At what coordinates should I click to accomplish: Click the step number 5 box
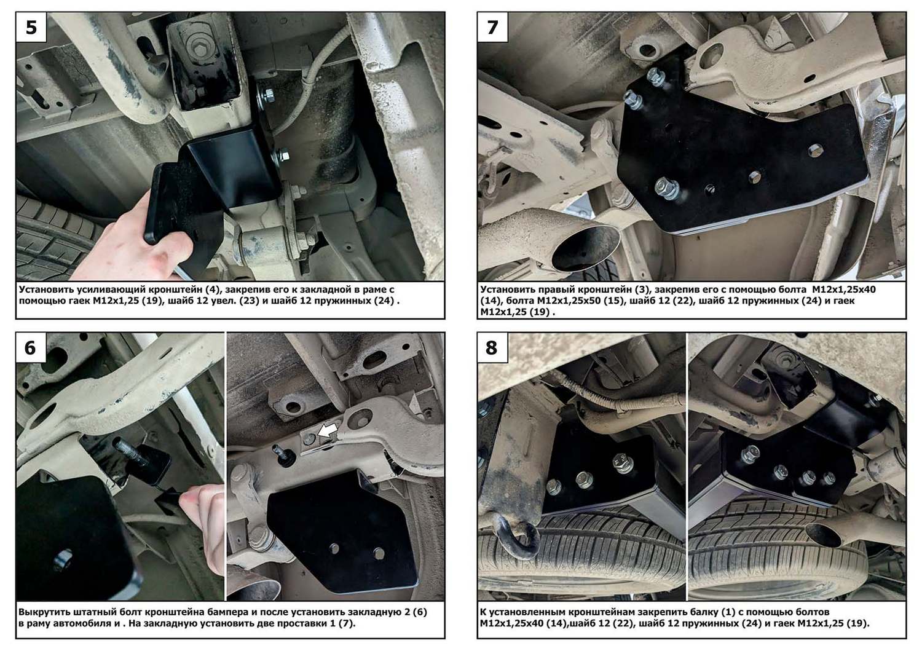pos(31,27)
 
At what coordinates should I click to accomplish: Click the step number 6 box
pos(31,347)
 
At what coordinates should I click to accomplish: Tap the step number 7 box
pos(493,27)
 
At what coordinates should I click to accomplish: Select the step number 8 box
pos(493,347)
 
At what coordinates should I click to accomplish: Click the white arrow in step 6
pos(329,431)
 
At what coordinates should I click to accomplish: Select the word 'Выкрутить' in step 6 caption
pos(42,612)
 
